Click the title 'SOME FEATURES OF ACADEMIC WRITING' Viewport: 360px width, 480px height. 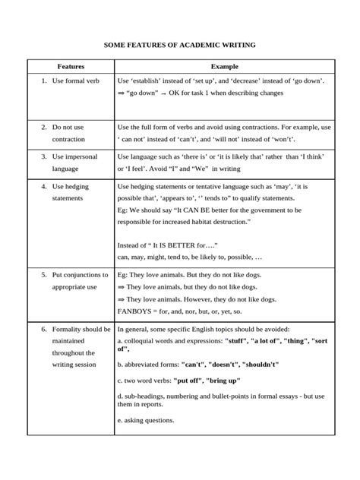pyautogui.click(x=180, y=46)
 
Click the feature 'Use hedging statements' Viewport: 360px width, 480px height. pyautogui.click(x=75, y=191)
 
